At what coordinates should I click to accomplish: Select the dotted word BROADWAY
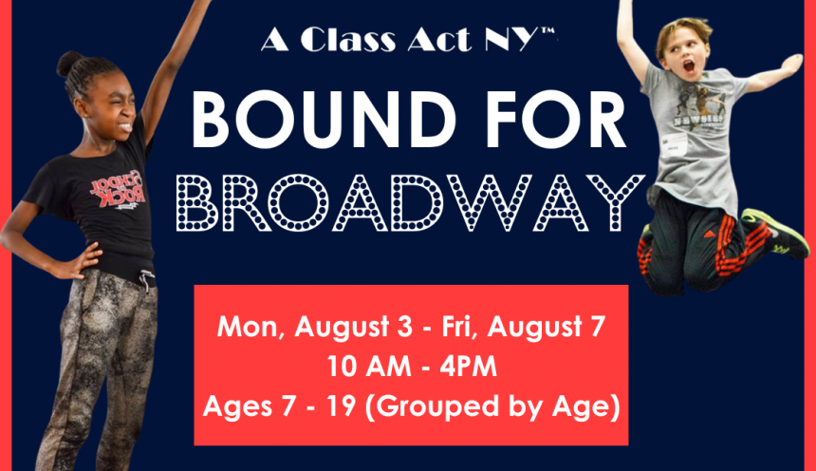click(x=410, y=203)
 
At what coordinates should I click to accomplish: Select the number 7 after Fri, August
click(x=598, y=327)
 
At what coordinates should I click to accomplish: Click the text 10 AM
click(x=368, y=367)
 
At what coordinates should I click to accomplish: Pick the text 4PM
click(x=469, y=367)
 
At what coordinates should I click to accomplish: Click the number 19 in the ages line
click(x=341, y=405)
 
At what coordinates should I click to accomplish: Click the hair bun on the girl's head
click(x=68, y=64)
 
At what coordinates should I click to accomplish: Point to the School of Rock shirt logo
click(x=118, y=190)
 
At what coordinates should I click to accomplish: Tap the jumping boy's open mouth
click(x=689, y=66)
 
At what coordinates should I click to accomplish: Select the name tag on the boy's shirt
click(x=675, y=141)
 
